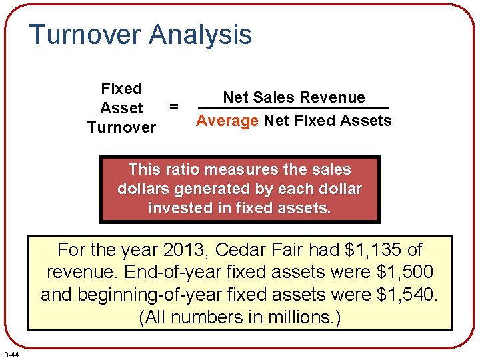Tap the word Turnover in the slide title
(x=85, y=35)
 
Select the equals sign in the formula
(x=174, y=106)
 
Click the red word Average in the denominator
(x=227, y=121)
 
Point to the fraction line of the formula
(x=293, y=109)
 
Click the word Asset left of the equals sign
(x=121, y=108)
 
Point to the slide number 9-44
(x=11, y=354)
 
